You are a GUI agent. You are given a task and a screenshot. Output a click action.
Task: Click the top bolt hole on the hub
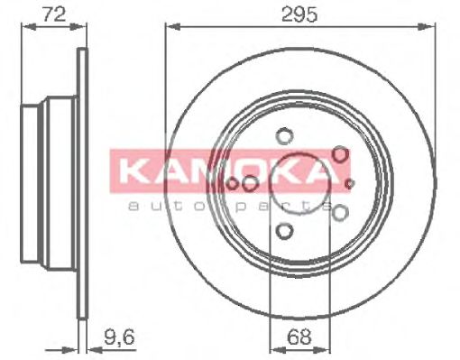point(284,137)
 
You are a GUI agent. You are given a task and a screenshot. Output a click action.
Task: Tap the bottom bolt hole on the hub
point(284,232)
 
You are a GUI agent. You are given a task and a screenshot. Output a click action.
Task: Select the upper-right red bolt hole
point(340,155)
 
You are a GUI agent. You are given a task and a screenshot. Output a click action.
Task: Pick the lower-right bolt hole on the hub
point(340,213)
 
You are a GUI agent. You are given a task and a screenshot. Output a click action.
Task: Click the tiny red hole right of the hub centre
point(350,184)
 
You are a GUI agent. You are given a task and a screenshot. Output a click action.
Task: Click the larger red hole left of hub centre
point(250,185)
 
